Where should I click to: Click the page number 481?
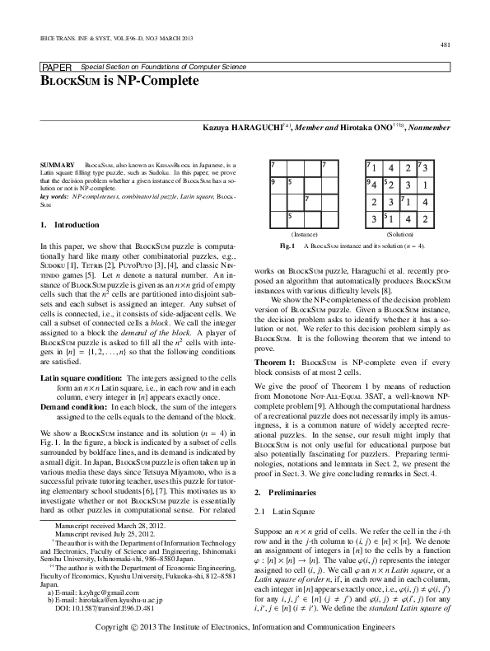pyautogui.click(x=444, y=44)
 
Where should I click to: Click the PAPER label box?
pyautogui.click(x=54, y=66)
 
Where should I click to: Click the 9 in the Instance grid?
pyautogui.click(x=273, y=181)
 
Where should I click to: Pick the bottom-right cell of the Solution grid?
pyautogui.click(x=423, y=220)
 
